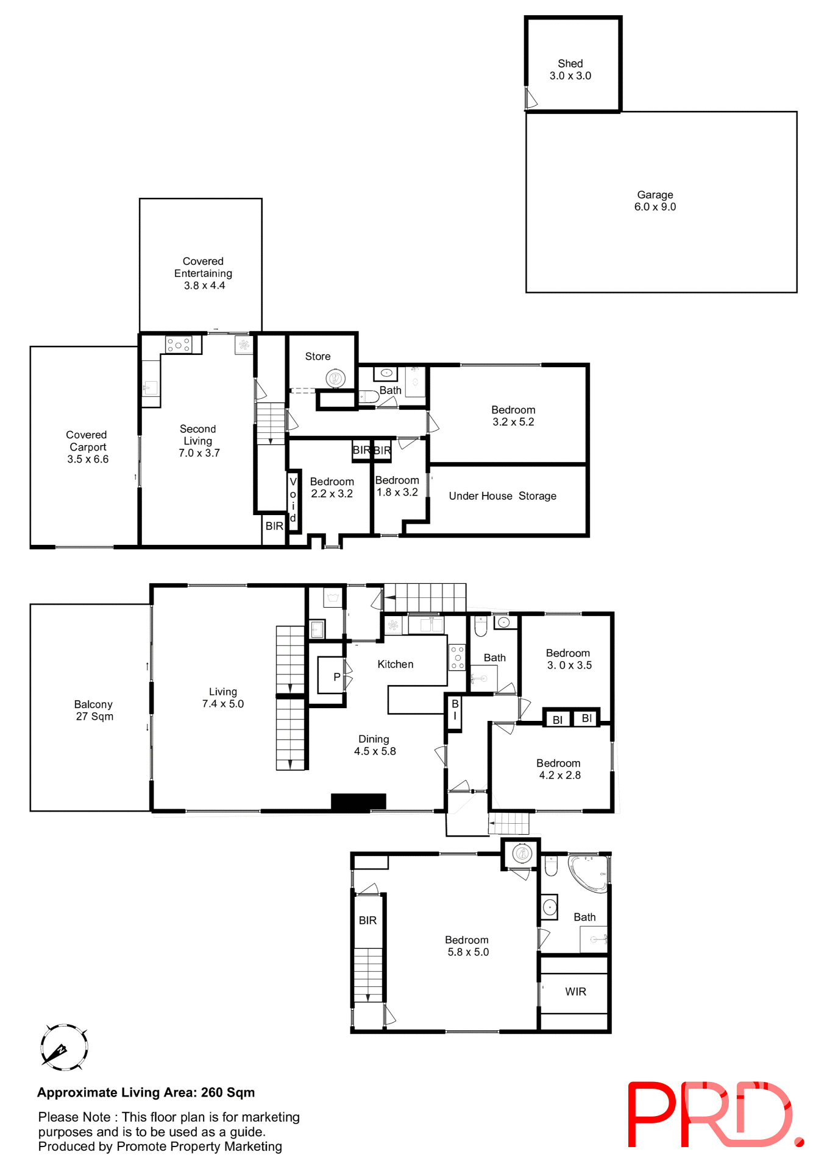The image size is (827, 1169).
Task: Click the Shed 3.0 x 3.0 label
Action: click(x=570, y=69)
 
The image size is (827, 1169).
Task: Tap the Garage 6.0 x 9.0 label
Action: click(x=655, y=201)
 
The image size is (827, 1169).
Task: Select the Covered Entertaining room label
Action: click(x=203, y=273)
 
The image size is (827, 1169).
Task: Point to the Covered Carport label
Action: click(x=87, y=446)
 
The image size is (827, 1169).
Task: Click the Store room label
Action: click(x=318, y=356)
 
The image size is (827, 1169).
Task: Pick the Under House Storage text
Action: click(x=502, y=496)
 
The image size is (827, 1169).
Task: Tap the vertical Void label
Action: click(x=293, y=499)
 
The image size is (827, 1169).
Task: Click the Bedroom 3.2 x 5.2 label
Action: click(x=513, y=416)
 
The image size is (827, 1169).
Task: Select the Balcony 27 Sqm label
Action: click(x=94, y=710)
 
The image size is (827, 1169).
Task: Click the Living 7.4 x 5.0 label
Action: click(x=223, y=698)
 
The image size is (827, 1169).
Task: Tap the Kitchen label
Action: click(x=395, y=664)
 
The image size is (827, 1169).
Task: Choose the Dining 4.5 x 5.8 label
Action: click(x=374, y=745)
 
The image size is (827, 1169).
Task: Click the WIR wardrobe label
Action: click(x=575, y=991)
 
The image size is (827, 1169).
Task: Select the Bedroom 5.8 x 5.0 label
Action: click(x=467, y=946)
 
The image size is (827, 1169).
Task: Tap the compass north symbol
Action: click(x=63, y=1047)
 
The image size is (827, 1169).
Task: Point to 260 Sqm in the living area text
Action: click(x=228, y=1092)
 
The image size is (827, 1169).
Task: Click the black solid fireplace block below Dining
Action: click(x=358, y=801)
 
